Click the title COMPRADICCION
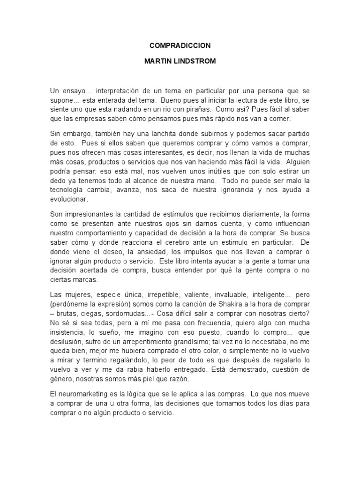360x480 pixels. click(180, 45)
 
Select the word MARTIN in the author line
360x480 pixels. click(157, 61)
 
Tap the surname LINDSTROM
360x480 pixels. click(193, 61)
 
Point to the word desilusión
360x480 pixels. click(67, 342)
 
